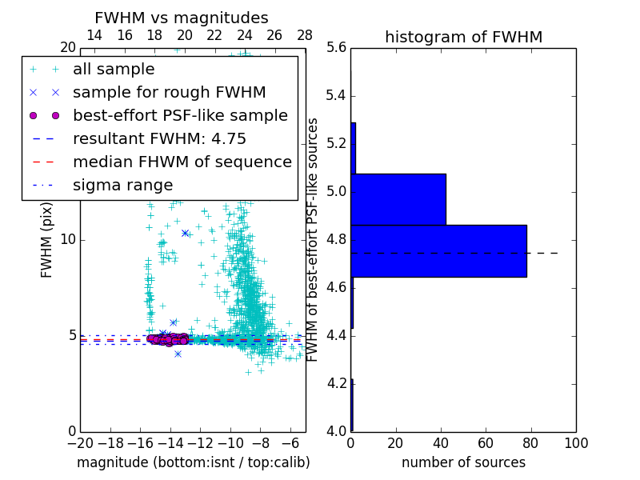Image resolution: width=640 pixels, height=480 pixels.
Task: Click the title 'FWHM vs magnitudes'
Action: coord(182,18)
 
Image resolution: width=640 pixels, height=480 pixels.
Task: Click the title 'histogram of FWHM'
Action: coord(463,37)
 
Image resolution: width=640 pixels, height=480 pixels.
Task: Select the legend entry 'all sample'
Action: coord(114,70)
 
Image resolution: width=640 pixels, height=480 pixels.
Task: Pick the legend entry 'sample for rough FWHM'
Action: coord(169,92)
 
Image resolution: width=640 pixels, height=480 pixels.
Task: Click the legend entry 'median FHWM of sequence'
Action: coord(182,162)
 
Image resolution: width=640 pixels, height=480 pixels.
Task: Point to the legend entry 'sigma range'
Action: coord(122,185)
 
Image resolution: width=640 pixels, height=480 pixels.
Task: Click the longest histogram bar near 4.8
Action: coord(438,250)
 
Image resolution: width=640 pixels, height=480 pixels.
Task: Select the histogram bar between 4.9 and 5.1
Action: coord(398,199)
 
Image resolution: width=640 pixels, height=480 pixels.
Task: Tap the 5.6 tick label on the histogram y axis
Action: coord(335,48)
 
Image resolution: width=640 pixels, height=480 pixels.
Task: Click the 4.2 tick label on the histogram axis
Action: coord(335,383)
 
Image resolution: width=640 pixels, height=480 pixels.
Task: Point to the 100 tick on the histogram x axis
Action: coord(576,442)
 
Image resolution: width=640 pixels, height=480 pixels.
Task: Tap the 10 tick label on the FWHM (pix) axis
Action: coord(67,240)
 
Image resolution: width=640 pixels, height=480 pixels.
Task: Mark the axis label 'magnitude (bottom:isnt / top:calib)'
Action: coord(193,462)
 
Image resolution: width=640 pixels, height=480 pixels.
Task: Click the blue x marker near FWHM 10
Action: coord(185,233)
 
